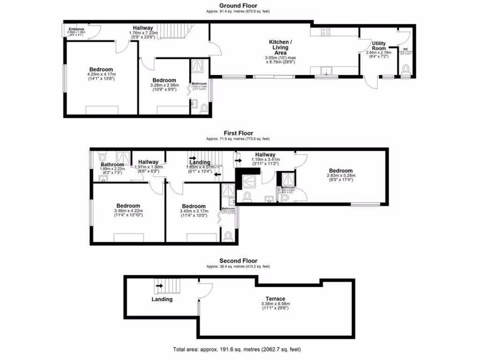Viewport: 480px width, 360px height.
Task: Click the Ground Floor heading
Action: [238, 6]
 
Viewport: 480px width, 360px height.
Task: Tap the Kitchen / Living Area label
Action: [280, 46]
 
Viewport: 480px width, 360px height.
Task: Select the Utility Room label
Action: [379, 45]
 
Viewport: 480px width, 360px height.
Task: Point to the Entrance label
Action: [76, 29]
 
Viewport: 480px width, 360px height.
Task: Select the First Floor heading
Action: [238, 134]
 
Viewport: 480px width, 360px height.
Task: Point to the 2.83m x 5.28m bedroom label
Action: [340, 171]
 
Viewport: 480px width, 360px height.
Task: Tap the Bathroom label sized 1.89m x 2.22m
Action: [112, 165]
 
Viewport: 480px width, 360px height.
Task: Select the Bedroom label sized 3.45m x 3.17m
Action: [194, 206]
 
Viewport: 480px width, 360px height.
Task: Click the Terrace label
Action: [274, 299]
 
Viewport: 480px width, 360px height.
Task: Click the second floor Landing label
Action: [162, 299]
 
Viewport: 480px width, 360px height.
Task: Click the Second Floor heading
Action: [238, 261]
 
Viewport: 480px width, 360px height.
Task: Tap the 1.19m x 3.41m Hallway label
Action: [265, 155]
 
